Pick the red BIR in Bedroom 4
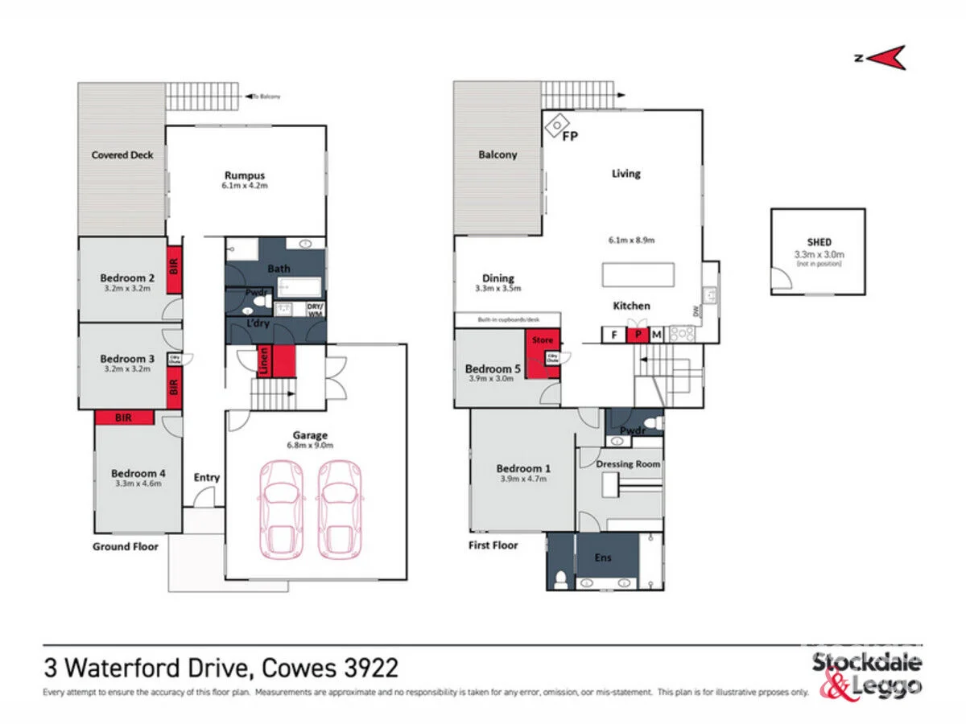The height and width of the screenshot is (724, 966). pyautogui.click(x=124, y=418)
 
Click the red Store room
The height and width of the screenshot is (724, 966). pyautogui.click(x=543, y=350)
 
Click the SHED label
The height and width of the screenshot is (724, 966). pyautogui.click(x=819, y=241)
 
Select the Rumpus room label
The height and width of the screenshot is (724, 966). pyautogui.click(x=245, y=175)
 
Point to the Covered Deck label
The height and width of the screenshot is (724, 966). pyautogui.click(x=122, y=154)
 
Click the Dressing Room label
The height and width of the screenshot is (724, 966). pyautogui.click(x=628, y=464)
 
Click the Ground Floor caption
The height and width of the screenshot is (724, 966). pyautogui.click(x=124, y=546)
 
